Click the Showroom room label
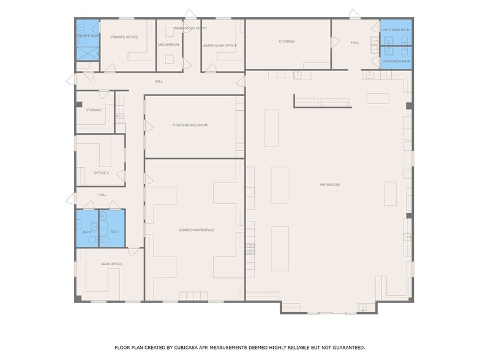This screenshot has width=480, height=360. pyautogui.click(x=329, y=184)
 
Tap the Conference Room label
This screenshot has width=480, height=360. pyautogui.click(x=190, y=125)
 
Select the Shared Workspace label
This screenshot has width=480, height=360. pyautogui.click(x=197, y=230)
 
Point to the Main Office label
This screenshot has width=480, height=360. pyautogui.click(x=111, y=264)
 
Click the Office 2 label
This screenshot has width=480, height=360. pyautogui.click(x=101, y=173)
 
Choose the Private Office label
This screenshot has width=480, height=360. pyautogui.click(x=124, y=37)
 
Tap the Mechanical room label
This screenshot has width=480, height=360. pyautogui.click(x=168, y=45)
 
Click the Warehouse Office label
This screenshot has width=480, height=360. pyautogui.click(x=220, y=45)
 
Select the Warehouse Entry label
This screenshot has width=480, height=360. pyautogui.click(x=190, y=28)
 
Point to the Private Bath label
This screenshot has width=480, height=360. pyautogui.click(x=88, y=36)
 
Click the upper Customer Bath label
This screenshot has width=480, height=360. pyautogui.click(x=396, y=30)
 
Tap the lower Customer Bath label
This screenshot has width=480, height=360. pyautogui.click(x=396, y=61)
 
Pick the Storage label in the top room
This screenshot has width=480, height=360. pyautogui.click(x=287, y=42)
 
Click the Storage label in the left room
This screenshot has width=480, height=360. pyautogui.click(x=94, y=110)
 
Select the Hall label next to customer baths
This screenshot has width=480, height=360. pyautogui.click(x=355, y=42)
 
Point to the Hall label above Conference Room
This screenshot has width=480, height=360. pyautogui.click(x=159, y=81)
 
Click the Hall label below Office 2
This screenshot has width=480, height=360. pyautogui.click(x=102, y=195)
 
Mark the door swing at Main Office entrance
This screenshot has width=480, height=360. pyautogui.click(x=133, y=251)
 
